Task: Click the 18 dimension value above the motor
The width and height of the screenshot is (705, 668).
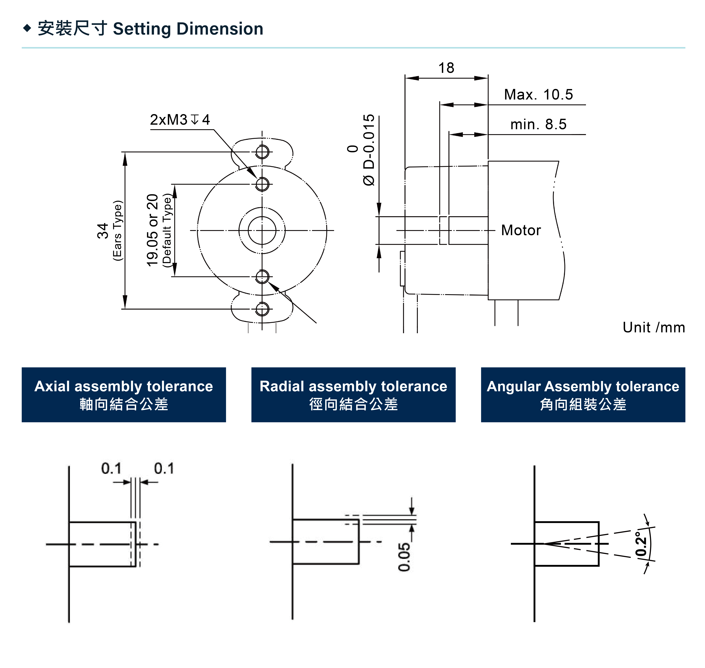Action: [446, 68]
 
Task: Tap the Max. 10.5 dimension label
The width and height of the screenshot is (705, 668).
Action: [538, 95]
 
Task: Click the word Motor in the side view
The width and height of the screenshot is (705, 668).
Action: [521, 230]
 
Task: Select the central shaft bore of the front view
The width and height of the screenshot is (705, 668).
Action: [262, 231]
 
